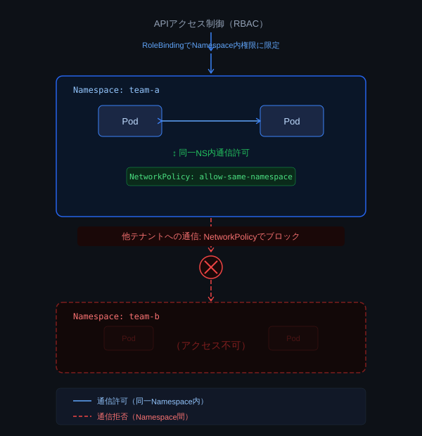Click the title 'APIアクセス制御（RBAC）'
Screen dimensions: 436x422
[210, 24]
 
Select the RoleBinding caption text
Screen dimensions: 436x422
[210, 45]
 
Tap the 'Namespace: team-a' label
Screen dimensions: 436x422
[116, 90]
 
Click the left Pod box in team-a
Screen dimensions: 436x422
[130, 121]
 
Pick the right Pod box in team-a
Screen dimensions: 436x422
[292, 121]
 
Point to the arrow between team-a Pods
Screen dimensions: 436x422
[211, 121]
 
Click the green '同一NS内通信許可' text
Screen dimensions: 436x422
[211, 153]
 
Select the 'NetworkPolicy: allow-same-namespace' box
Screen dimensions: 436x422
[211, 177]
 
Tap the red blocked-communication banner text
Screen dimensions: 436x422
[211, 236]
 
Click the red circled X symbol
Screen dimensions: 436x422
[211, 267]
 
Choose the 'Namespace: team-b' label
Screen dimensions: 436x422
[116, 316]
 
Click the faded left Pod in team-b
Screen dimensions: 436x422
[129, 338]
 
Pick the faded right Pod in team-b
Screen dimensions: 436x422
[293, 338]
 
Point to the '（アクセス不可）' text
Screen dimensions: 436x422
[211, 346]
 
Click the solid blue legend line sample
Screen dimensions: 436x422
[82, 401]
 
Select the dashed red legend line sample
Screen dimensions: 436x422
[82, 416]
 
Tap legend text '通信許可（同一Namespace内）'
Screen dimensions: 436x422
[151, 401]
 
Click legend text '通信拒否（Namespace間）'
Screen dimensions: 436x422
[143, 416]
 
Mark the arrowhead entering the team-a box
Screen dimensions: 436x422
[211, 71]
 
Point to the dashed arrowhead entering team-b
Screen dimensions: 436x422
[211, 299]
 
